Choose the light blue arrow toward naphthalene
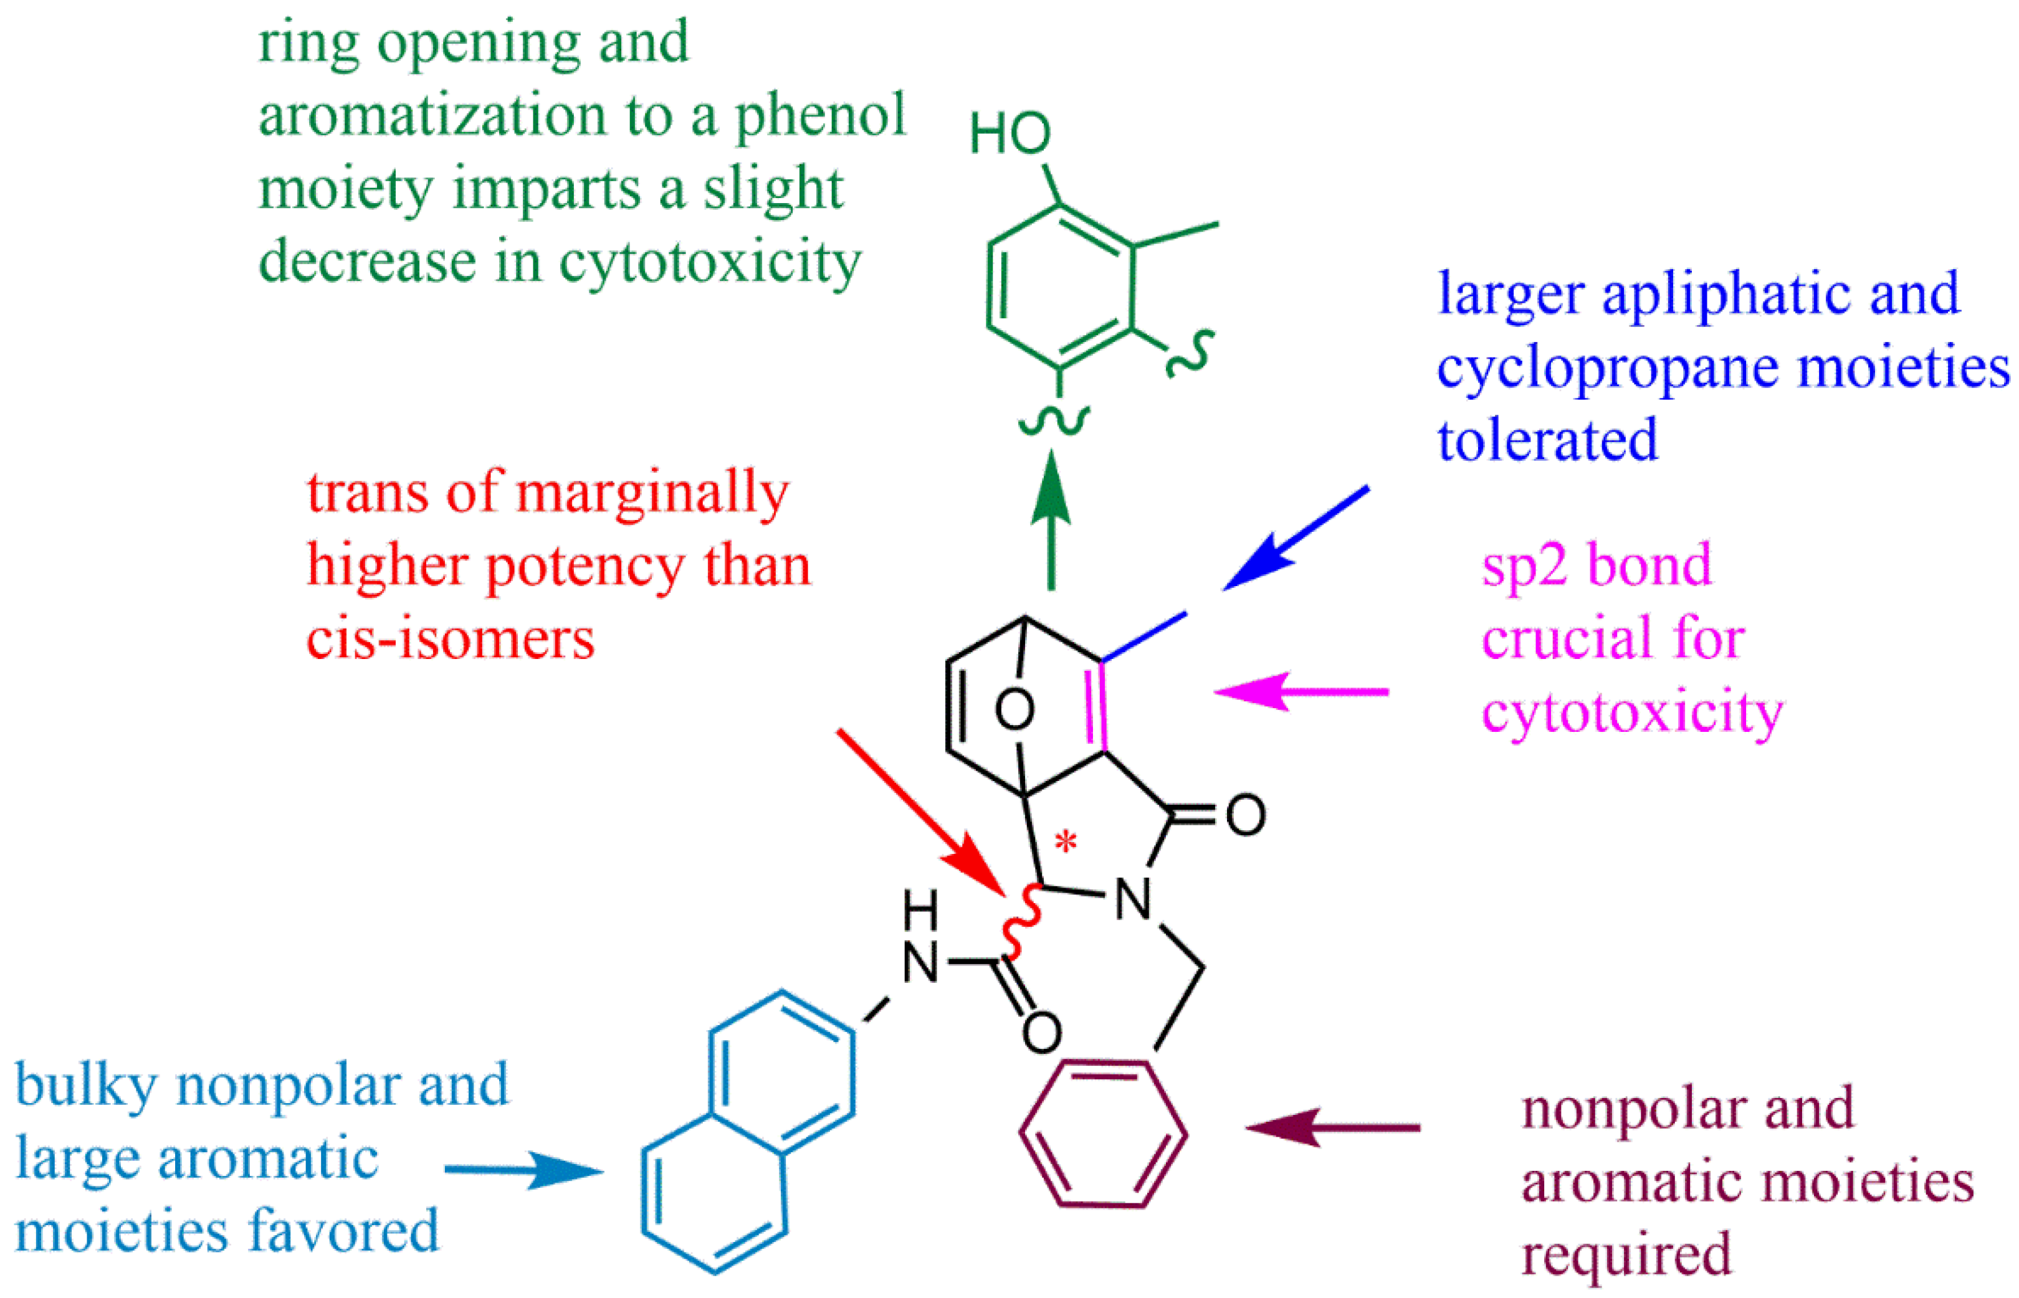tap(523, 1170)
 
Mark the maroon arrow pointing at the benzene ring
tap(1332, 1127)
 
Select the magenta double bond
tap(1095, 706)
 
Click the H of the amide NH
tap(920, 909)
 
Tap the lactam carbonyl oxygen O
tap(1245, 815)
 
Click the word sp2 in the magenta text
tap(1524, 566)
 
